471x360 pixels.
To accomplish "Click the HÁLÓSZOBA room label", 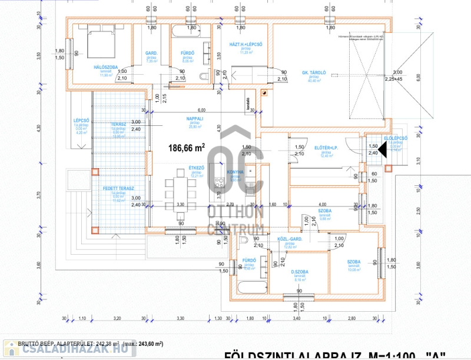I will tap(105, 67).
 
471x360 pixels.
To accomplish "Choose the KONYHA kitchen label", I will tap(235, 172).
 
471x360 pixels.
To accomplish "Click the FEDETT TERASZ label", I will tap(119, 188).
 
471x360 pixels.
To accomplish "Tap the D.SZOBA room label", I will tap(300, 272).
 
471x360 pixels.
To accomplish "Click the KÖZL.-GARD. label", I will tap(290, 239).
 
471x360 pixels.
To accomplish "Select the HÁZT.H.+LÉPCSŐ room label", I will tap(246, 44).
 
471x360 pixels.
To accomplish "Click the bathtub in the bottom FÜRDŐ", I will tap(250, 288).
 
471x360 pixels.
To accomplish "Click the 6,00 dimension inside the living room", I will tap(201, 110).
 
